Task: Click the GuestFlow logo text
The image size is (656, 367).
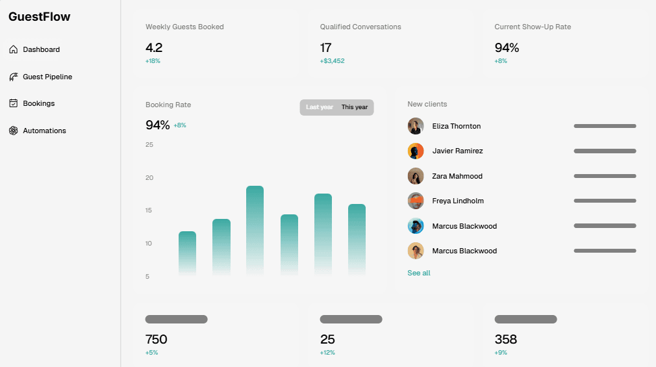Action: [x=40, y=17]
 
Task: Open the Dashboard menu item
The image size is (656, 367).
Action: [x=41, y=49]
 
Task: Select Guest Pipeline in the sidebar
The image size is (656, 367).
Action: [x=47, y=77]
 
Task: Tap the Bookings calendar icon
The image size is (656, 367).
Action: [x=14, y=103]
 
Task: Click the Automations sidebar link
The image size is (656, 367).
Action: [x=44, y=131]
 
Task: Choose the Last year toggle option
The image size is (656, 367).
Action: [x=320, y=107]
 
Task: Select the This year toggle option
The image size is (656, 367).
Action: [x=355, y=107]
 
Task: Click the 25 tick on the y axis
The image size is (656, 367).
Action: [x=149, y=144]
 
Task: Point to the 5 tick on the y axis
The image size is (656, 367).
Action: [x=147, y=277]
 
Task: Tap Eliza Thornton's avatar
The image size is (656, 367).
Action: [x=416, y=126]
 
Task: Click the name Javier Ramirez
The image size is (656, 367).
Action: [x=457, y=151]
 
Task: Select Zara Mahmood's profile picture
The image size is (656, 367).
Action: [x=416, y=176]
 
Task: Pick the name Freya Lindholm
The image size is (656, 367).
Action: [x=458, y=201]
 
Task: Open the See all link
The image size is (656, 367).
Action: [x=419, y=273]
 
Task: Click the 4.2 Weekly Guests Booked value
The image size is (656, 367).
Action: [x=154, y=47]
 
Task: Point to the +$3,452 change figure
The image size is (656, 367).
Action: [x=332, y=61]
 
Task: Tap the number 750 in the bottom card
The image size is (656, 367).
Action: [x=156, y=339]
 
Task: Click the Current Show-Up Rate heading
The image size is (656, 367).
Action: [x=533, y=27]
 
